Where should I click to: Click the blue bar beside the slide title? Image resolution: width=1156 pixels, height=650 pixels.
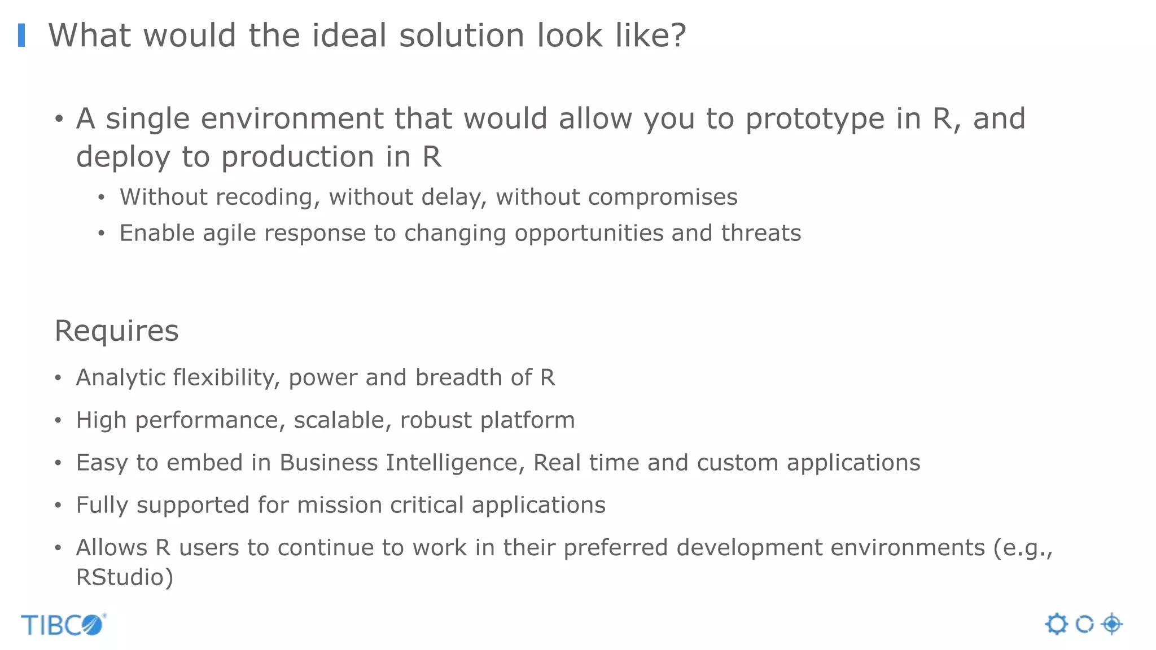[x=21, y=35]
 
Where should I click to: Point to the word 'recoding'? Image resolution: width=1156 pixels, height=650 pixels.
[x=268, y=197]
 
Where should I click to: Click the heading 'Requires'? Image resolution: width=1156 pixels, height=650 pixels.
[x=116, y=331]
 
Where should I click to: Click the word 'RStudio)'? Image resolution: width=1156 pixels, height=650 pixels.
[x=124, y=577]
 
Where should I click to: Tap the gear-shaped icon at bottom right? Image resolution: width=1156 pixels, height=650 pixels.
[x=1057, y=625]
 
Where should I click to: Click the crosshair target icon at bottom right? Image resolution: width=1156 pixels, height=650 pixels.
[x=1112, y=624]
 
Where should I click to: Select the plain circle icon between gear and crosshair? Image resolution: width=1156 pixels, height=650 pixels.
[x=1084, y=625]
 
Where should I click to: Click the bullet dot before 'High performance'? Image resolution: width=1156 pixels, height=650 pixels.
[x=58, y=420]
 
